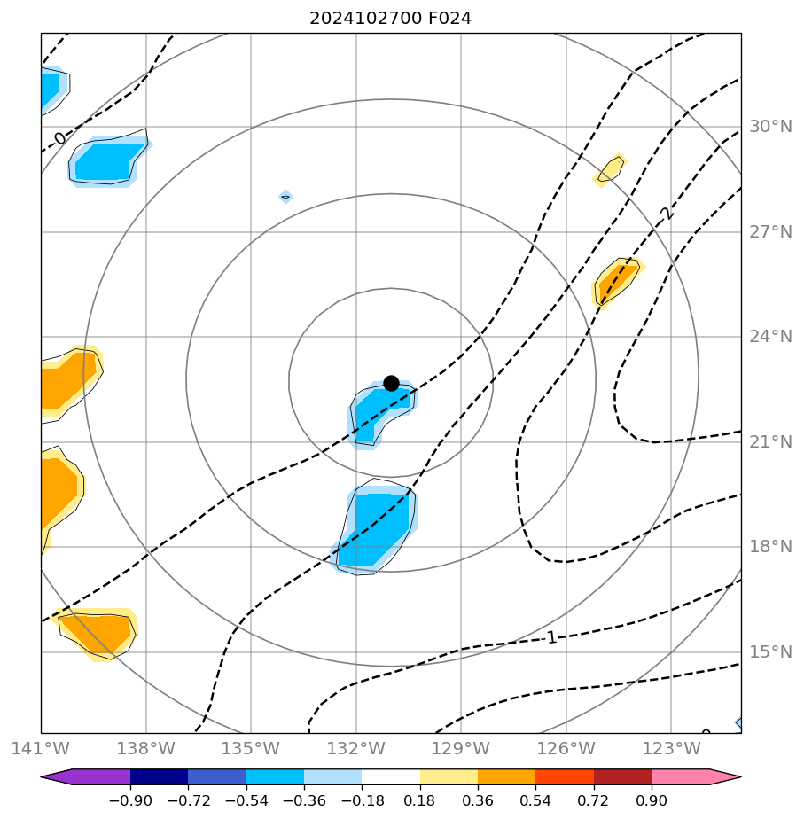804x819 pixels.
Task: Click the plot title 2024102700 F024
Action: [390, 18]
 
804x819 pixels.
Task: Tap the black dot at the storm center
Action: [391, 383]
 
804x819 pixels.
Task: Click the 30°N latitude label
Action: [770, 127]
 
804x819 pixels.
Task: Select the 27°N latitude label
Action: [770, 232]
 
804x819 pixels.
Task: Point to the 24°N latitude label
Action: [770, 337]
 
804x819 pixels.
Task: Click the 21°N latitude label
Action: [770, 442]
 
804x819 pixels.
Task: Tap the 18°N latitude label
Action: [770, 547]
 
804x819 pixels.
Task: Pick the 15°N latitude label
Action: [770, 652]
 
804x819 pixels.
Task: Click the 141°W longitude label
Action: [41, 748]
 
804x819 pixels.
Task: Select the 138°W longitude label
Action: [145, 748]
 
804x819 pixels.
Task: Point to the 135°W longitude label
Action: [251, 748]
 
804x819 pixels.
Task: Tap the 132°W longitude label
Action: [355, 748]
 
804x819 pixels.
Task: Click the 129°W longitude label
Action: [461, 748]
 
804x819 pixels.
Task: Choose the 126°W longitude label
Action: [566, 748]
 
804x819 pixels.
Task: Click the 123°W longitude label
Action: [671, 748]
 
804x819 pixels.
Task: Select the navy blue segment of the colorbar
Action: [159, 777]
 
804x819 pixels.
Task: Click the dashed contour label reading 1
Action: [551, 637]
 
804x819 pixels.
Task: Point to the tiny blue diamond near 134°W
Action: [285, 197]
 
